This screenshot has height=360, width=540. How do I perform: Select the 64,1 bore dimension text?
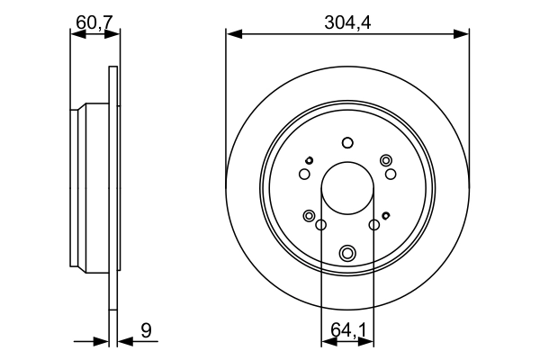point(348,331)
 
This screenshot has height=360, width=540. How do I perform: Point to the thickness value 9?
point(146,331)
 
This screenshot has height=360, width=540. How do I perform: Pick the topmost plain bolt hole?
point(347,142)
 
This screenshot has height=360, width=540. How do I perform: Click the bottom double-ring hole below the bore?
point(347,253)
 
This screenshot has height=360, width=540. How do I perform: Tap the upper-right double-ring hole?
point(386,160)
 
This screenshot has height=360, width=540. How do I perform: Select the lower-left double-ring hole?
point(310,216)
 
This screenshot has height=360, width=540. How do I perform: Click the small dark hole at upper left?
point(309,160)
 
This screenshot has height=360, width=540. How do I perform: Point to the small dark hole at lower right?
point(386,215)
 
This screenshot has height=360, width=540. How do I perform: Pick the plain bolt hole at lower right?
point(373,224)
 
